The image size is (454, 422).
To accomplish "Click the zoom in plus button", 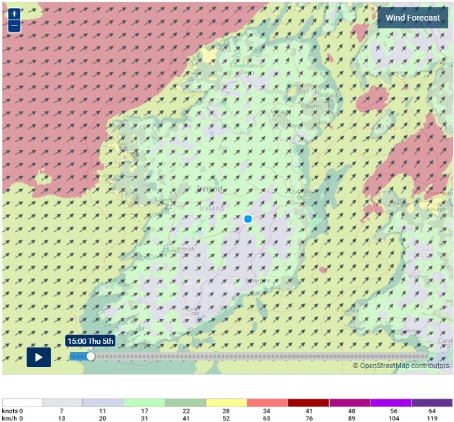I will click(14, 14).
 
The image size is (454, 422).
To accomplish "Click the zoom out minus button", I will click(14, 26).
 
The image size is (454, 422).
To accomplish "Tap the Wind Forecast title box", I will click(413, 18).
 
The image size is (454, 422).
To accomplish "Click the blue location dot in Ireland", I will click(248, 219).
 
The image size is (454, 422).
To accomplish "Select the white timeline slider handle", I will click(90, 356).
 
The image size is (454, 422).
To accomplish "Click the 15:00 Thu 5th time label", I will click(90, 341).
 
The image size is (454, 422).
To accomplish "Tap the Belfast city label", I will click(327, 94).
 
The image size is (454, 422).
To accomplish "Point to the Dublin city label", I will click(298, 192).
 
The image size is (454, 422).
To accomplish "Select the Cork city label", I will click(194, 309).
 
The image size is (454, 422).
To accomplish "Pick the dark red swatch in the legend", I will click(308, 402).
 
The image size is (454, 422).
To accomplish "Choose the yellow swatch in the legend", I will click(226, 402).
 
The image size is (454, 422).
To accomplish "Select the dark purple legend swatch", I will click(432, 402).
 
